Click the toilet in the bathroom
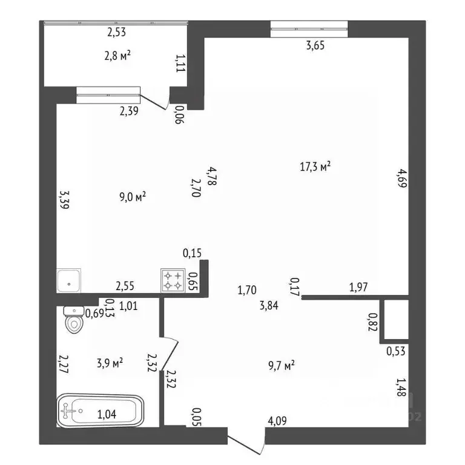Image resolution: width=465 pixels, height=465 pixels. coord(73,320)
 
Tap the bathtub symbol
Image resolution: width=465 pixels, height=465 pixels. coord(101,411)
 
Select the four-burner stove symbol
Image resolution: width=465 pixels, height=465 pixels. coord(173,280)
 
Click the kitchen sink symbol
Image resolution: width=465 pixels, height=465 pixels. coord(68,280)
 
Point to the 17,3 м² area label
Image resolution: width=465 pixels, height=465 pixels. coord(315,167)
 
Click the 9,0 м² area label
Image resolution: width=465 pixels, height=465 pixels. coord(133,197)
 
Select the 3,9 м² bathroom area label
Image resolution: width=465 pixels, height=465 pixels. coord(110,363)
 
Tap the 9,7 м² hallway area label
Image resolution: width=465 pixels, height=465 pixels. coord(282,365)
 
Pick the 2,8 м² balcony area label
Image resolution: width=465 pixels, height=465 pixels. coord(117,56)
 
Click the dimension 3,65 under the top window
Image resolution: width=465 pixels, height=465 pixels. coord(315,45)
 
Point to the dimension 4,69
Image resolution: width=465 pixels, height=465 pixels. coord(403,178)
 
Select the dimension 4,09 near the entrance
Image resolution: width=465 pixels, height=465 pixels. coord(277,421)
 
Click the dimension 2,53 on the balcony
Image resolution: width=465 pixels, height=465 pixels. coord(116,32)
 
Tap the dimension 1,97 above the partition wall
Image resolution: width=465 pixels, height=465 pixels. coord(358,287)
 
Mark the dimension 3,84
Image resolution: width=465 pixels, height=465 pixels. coord(269,305)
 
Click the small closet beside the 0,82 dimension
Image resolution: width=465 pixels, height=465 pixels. coord(396,320)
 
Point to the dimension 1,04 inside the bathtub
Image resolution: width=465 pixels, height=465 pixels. coord(107,414)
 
